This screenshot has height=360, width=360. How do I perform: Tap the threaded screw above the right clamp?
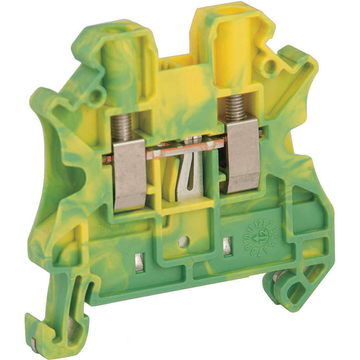235,108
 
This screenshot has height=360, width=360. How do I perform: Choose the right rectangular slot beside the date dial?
227,247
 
